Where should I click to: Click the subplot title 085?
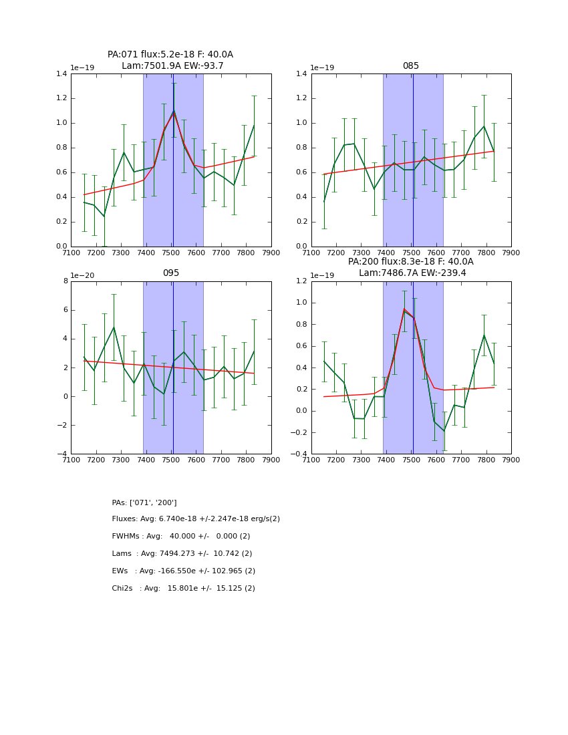click(x=410, y=66)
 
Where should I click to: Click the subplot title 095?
click(x=170, y=273)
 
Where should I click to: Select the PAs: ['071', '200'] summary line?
click(x=144, y=502)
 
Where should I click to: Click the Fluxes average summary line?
click(x=196, y=519)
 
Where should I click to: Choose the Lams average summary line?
click(x=182, y=554)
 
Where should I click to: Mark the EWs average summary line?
click(x=183, y=571)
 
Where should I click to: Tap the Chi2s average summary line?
click(x=183, y=589)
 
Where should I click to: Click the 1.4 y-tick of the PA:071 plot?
click(x=61, y=74)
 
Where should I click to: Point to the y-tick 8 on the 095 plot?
click(x=64, y=281)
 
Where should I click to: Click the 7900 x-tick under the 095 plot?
click(x=271, y=460)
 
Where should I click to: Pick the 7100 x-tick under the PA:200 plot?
click(x=311, y=460)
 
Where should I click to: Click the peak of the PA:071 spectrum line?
click(x=174, y=110)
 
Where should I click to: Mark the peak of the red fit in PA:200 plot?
click(x=404, y=309)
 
